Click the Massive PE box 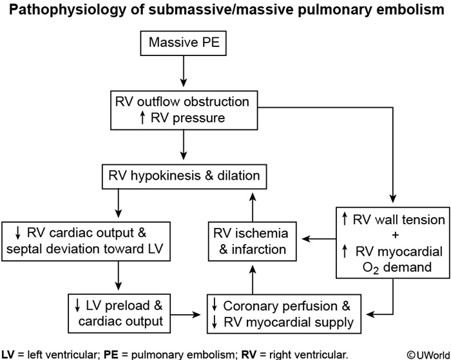[x=185, y=43]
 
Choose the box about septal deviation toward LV [x=87, y=241]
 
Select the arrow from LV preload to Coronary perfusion [x=186, y=314]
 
